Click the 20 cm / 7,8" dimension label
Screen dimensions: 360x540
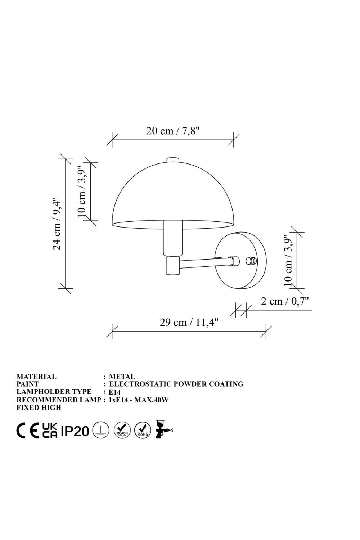tap(173, 131)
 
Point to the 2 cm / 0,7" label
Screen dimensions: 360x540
tap(285, 301)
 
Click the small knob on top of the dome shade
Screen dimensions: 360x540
tap(173, 160)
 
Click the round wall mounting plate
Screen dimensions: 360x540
tap(240, 261)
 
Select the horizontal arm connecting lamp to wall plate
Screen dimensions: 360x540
tap(205, 263)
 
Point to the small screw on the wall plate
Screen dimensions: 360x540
tap(251, 261)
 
